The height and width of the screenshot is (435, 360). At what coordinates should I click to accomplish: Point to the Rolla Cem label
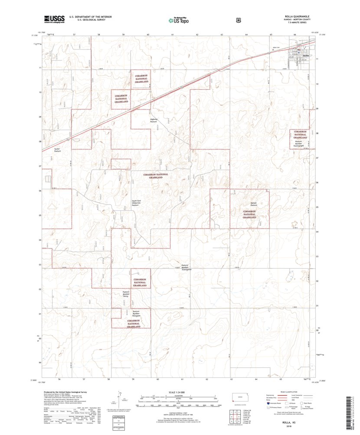point(274,47)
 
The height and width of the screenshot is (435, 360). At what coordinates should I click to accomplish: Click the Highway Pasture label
point(153,121)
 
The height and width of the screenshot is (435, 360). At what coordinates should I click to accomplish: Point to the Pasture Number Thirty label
point(126,294)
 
